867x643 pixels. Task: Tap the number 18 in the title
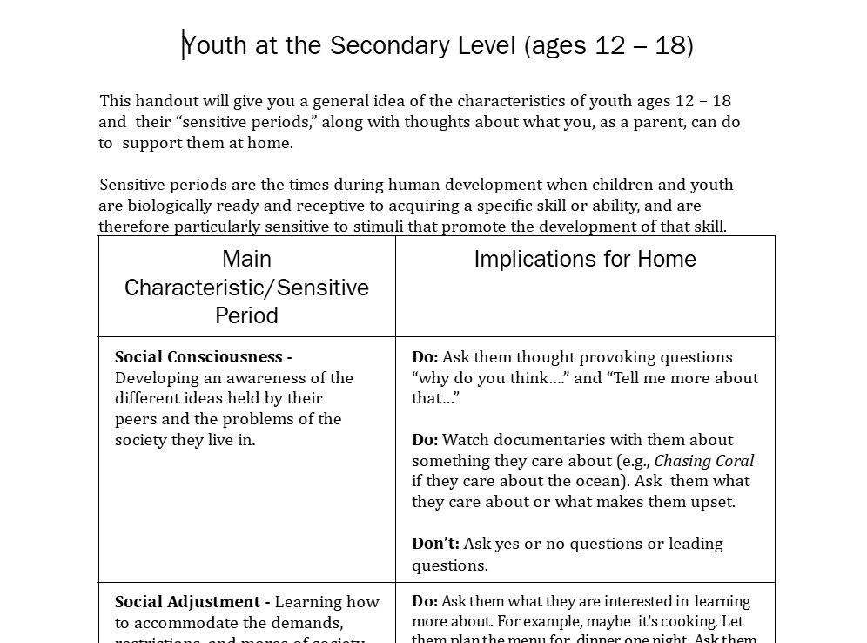(x=670, y=45)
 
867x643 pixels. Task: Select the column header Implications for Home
(x=585, y=259)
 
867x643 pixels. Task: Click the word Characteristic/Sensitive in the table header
(x=246, y=288)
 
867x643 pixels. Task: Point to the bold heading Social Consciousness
(x=198, y=357)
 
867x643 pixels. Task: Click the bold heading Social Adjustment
(x=187, y=602)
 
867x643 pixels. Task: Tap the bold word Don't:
(x=435, y=544)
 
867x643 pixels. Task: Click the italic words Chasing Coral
(x=704, y=461)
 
